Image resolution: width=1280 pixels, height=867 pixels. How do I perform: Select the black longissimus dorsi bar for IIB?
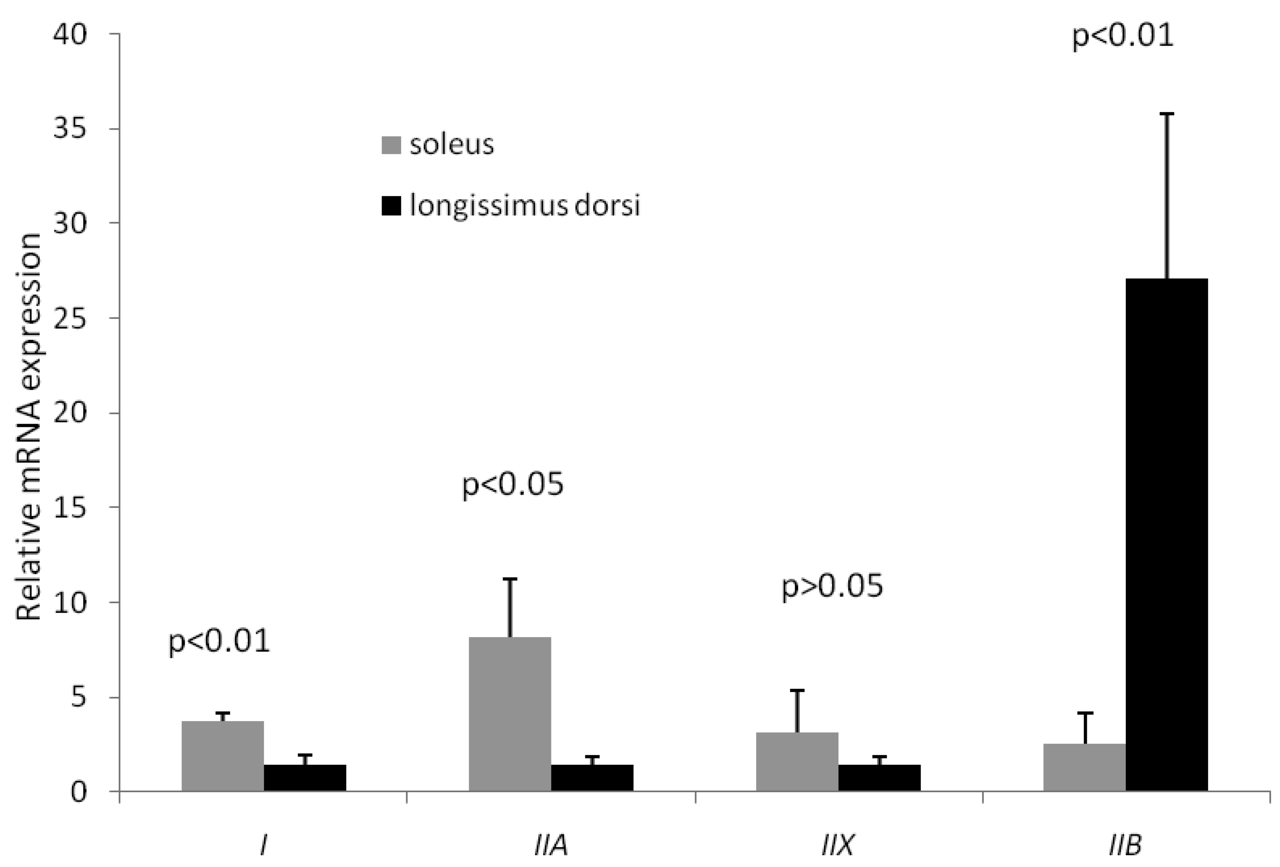point(1167,535)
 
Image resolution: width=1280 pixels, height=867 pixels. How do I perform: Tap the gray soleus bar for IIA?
point(509,714)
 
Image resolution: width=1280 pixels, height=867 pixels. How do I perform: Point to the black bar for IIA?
point(592,778)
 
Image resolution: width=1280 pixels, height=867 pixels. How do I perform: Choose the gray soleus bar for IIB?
point(1084,767)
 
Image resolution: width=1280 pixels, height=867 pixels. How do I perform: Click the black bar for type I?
point(305,778)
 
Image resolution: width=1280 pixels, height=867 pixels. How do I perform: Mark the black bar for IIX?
point(879,778)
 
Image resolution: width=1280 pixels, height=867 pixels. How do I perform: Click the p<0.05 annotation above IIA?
point(513,485)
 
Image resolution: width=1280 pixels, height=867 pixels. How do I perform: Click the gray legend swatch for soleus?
point(391,145)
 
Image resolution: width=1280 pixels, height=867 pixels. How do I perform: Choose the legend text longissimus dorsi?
point(524,206)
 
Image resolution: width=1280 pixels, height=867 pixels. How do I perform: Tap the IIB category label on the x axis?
point(1125,846)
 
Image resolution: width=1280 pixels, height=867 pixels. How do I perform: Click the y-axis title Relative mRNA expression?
point(29,427)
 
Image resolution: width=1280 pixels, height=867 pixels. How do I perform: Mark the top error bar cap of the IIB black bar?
point(1167,113)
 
